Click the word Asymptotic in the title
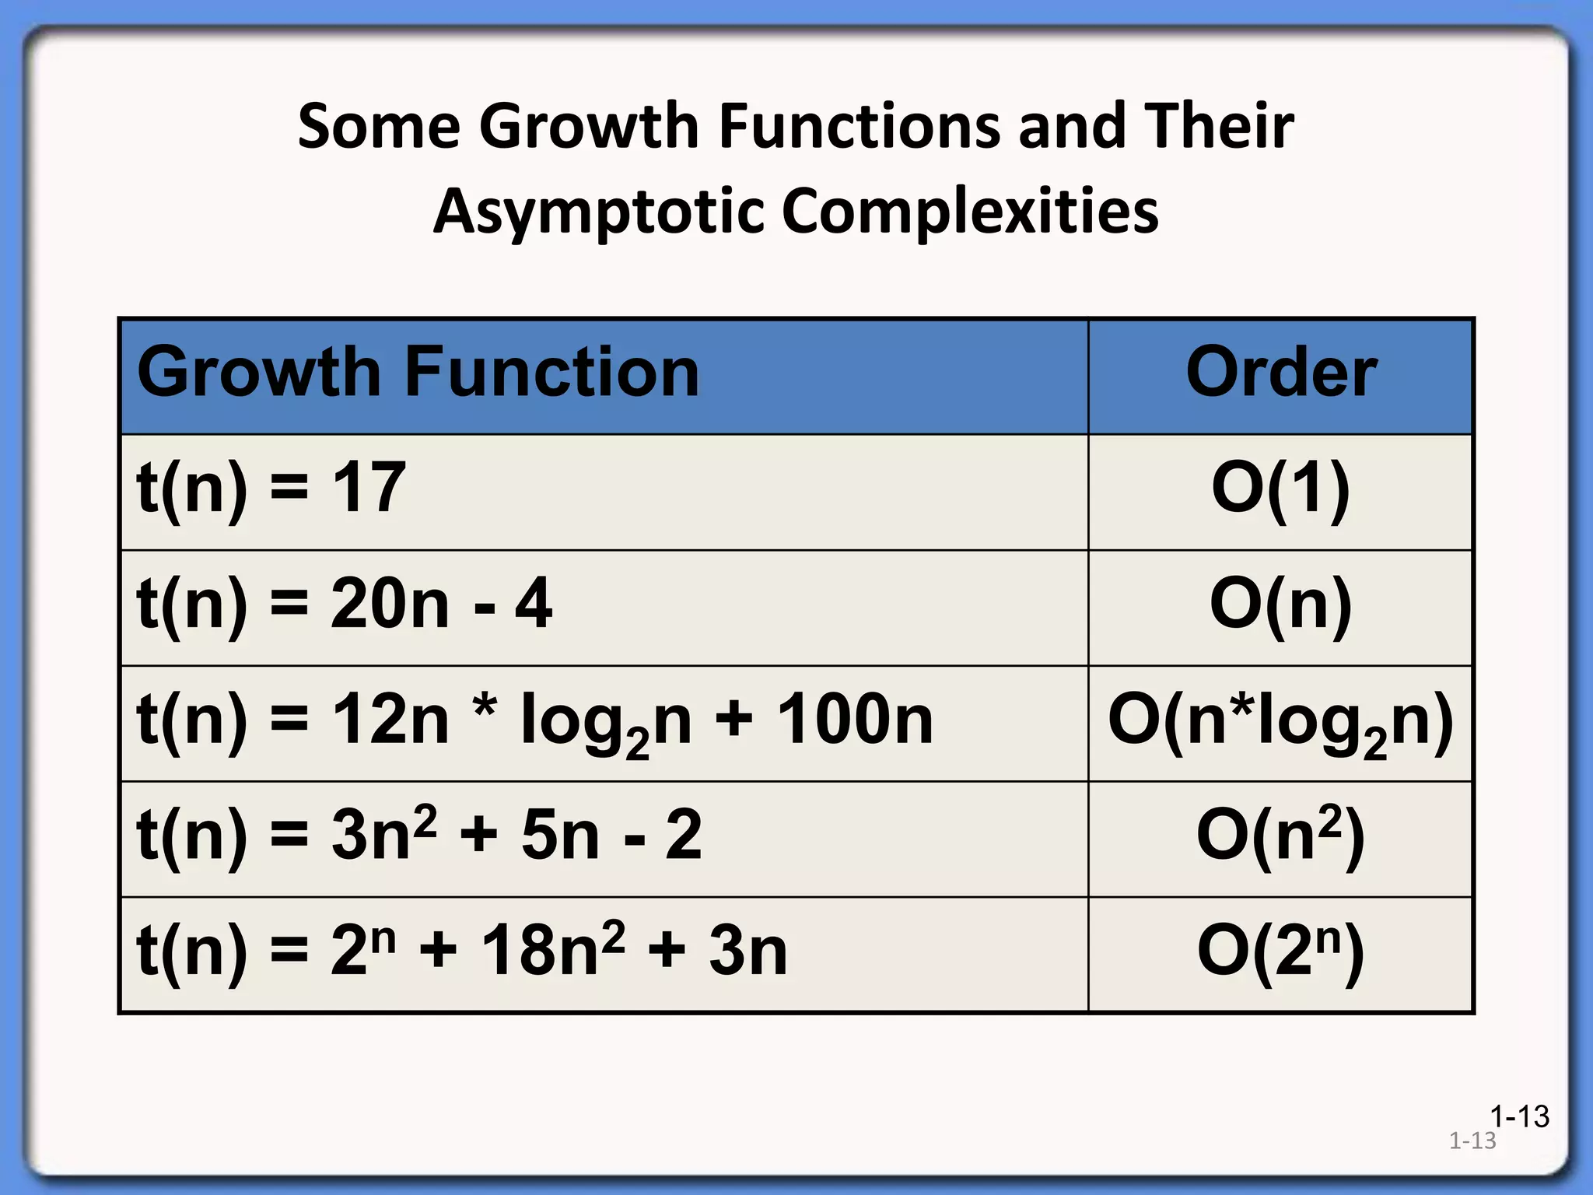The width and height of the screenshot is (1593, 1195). pyautogui.click(x=600, y=212)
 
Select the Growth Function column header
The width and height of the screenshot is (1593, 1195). pyautogui.click(x=418, y=373)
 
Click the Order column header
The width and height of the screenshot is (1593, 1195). pyautogui.click(x=1281, y=373)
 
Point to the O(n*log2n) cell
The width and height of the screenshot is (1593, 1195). pyautogui.click(x=1280, y=721)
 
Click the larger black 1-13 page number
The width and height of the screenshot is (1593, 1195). pyautogui.click(x=1519, y=1116)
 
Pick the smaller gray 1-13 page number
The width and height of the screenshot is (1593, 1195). pyautogui.click(x=1472, y=1141)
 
